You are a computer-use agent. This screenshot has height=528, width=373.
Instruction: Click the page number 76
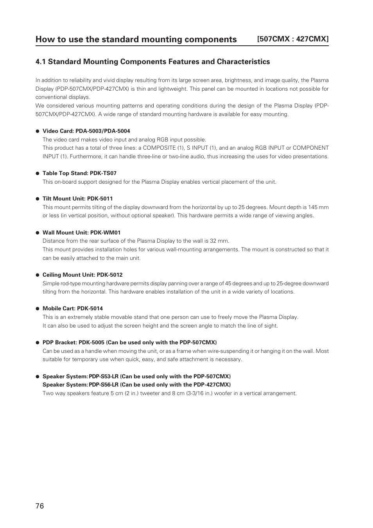pos(39,506)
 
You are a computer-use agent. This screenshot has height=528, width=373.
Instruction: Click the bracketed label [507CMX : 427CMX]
pos(292,39)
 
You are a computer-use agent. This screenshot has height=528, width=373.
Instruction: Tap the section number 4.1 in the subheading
pos(41,62)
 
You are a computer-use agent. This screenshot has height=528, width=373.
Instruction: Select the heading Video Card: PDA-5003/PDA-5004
pos(86,131)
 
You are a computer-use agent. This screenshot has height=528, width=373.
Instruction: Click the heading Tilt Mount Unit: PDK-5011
pos(77,199)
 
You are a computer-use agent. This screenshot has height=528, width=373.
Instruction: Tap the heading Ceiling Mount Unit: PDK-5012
pos(82,275)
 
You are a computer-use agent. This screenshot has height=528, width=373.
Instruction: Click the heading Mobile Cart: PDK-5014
pos(72,308)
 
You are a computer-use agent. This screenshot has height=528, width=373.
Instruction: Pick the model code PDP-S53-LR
pos(104,376)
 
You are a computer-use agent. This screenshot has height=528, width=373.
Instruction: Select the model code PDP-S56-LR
pos(104,385)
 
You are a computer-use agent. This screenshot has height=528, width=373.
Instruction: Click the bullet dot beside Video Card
pos(38,131)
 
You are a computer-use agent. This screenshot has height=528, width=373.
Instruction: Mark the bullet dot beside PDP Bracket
pos(38,343)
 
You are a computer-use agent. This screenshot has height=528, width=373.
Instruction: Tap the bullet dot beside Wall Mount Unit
pos(38,233)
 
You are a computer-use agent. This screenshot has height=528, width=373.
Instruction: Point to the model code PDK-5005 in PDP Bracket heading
pos(91,342)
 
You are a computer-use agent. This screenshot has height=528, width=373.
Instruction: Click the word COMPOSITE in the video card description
pos(159,148)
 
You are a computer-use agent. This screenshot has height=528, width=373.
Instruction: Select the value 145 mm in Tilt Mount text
pos(318,207)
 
